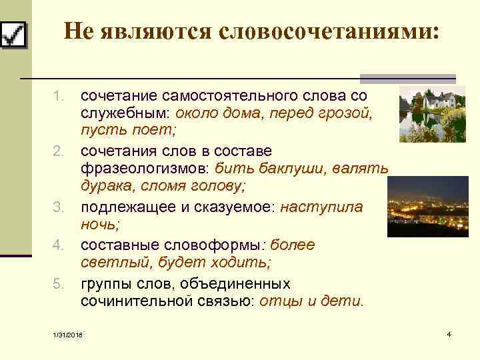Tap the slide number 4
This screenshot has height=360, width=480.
[449, 333]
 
